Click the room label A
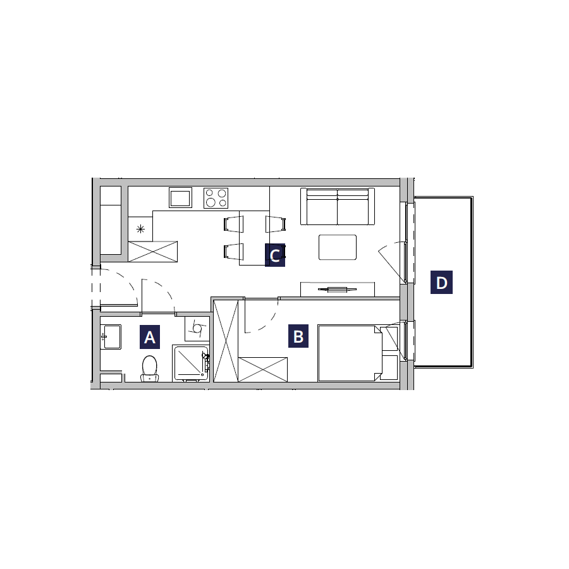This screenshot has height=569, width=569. [149, 337]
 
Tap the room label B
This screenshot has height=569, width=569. [298, 336]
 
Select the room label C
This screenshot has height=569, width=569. [275, 255]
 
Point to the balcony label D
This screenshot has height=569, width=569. [441, 282]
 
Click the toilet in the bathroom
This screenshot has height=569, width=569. [149, 369]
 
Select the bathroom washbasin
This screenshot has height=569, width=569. [111, 337]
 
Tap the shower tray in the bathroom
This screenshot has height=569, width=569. [191, 364]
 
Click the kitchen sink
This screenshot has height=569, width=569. [180, 198]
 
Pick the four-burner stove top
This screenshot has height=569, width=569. [216, 198]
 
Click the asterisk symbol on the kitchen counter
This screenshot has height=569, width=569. [140, 229]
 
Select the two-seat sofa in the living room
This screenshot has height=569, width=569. [338, 207]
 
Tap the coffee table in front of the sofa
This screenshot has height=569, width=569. [338, 247]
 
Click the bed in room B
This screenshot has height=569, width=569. [350, 353]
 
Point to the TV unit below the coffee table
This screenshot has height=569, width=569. [338, 289]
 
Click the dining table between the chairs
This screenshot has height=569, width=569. [254, 238]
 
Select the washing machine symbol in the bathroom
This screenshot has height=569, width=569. [197, 329]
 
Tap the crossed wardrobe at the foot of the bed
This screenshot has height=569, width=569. [263, 369]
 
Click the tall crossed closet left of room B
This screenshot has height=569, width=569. [226, 341]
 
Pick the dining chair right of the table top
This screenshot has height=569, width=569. [276, 224]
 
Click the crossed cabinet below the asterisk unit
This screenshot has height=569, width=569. [153, 252]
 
